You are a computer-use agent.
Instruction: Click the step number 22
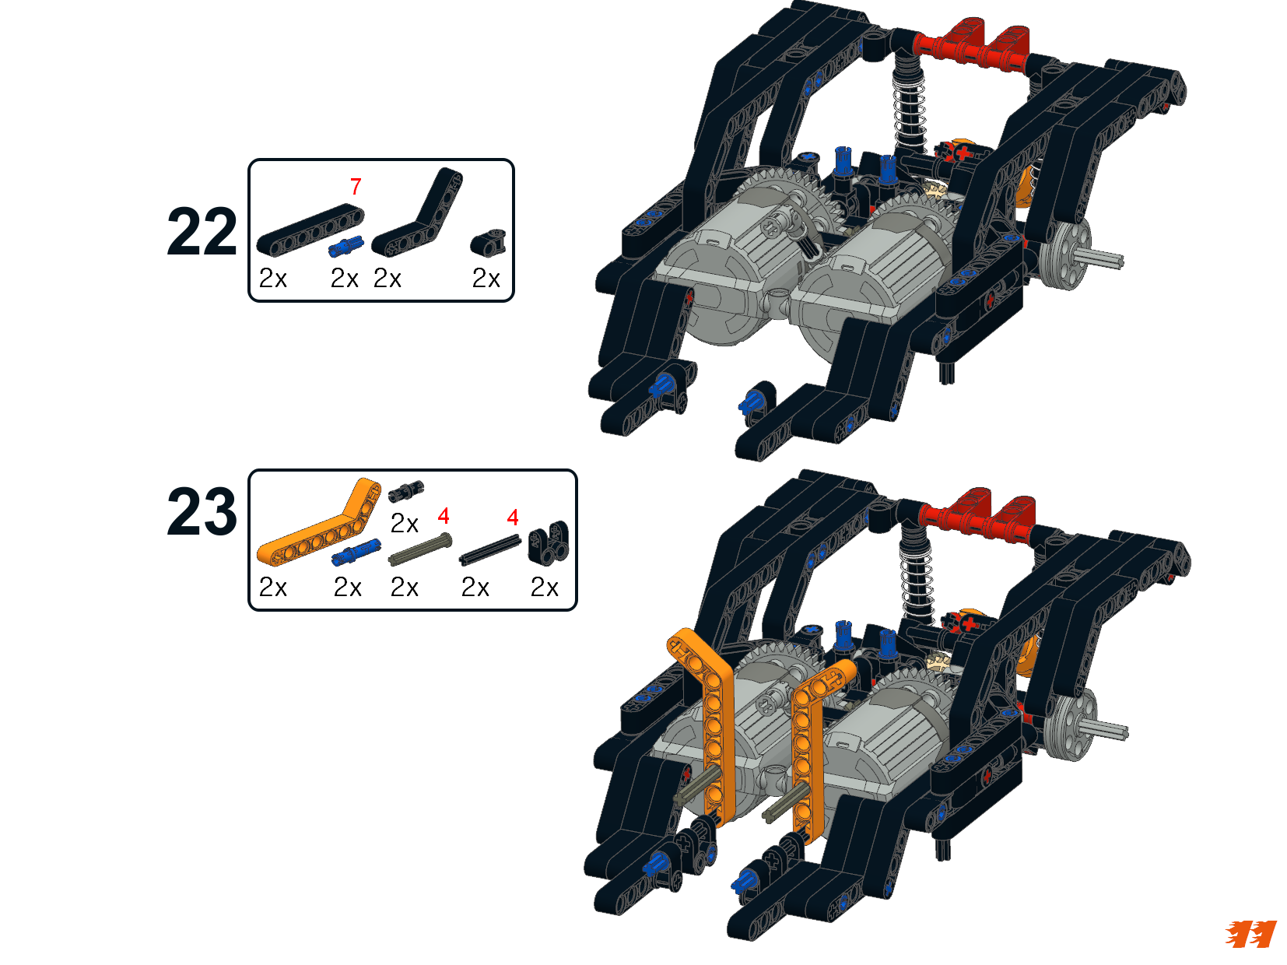coord(202,232)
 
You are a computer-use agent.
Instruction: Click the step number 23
coord(202,511)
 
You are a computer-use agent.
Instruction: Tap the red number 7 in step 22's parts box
coord(356,187)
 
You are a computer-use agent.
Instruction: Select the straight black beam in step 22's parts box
coord(310,230)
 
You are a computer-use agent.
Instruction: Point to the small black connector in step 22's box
coord(488,243)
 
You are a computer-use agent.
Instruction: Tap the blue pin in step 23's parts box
coord(356,553)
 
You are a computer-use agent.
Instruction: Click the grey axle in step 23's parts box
coord(420,549)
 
